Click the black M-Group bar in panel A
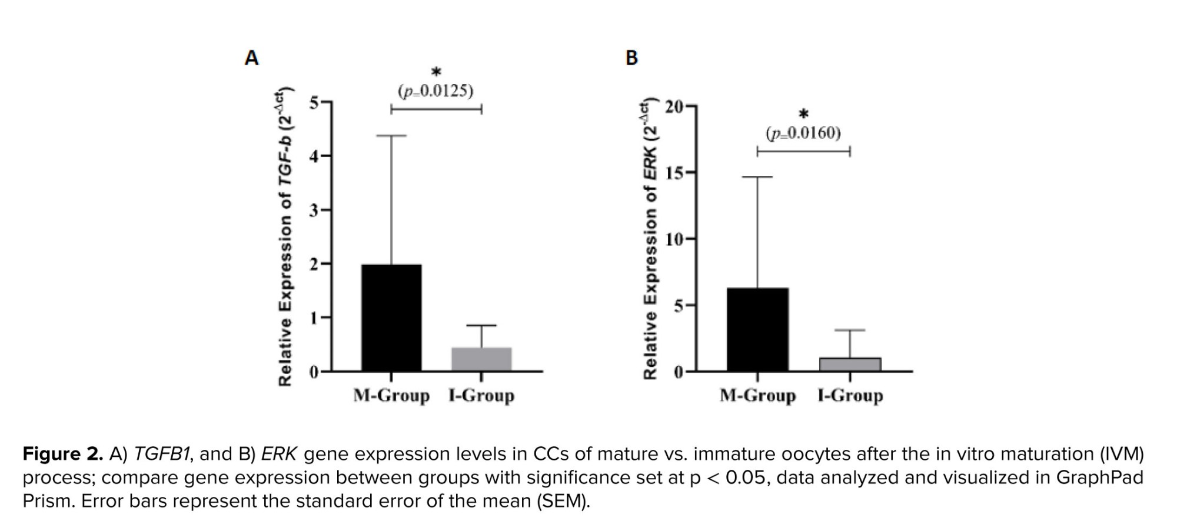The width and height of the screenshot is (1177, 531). (x=391, y=318)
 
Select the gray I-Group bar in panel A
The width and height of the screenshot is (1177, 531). (x=481, y=359)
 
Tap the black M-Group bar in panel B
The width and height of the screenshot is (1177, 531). (x=757, y=329)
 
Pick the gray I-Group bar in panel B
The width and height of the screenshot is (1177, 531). (x=850, y=364)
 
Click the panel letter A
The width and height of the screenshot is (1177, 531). (x=251, y=58)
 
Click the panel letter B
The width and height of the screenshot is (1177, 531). (x=631, y=58)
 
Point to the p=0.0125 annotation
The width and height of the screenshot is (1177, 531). (x=435, y=91)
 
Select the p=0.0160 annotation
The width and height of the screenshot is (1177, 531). (x=803, y=133)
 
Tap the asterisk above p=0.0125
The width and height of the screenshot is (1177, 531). (x=436, y=73)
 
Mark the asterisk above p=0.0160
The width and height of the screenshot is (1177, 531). (x=803, y=115)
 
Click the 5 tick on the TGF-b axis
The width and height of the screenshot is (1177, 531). (x=314, y=103)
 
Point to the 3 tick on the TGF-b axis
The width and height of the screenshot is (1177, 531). (x=314, y=211)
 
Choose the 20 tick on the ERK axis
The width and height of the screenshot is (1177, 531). (x=674, y=107)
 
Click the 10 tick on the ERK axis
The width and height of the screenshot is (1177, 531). (x=674, y=239)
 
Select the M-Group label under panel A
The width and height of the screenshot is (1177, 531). (x=391, y=396)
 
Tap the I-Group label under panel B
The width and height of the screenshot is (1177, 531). (x=850, y=396)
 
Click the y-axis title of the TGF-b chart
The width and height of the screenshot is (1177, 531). (x=286, y=238)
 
